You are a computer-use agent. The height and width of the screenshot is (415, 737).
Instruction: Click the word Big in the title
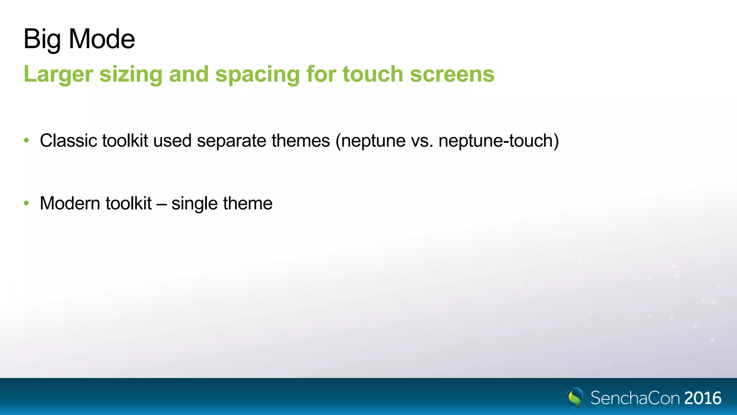pos(42,39)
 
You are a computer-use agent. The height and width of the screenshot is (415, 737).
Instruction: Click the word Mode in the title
pos(102,39)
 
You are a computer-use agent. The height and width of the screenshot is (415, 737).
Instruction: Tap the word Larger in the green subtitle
pos(58,74)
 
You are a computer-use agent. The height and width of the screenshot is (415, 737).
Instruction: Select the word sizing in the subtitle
pos(131,74)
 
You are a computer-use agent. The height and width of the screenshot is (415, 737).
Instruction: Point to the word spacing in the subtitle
pos(257,74)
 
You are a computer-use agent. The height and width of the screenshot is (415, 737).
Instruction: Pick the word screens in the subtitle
pos(452,74)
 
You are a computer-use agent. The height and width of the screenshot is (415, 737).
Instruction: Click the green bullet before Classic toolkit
pos(26,140)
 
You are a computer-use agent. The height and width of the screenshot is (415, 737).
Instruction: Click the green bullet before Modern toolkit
pos(26,203)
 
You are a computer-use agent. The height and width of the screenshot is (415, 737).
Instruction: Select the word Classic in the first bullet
pos(68,140)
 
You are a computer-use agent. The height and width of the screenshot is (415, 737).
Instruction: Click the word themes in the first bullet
pos(300,140)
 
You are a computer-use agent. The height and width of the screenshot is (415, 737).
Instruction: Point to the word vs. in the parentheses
pos(422,140)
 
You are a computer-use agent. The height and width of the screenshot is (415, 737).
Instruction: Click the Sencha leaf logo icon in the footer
pos(575,398)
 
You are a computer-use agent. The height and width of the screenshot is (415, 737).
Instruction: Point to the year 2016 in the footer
pos(703,398)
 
